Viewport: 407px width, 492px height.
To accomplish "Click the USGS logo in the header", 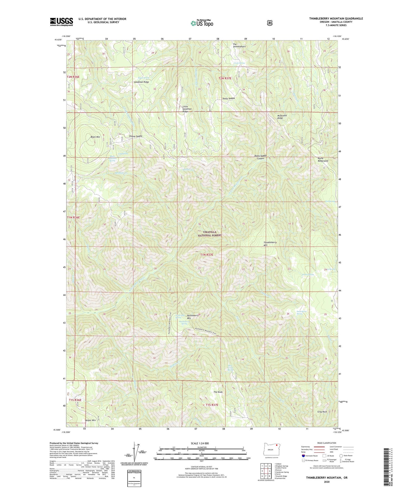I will (61, 22).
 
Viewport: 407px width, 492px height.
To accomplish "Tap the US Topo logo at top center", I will (202, 23).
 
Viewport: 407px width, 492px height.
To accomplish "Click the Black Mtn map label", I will (95, 137).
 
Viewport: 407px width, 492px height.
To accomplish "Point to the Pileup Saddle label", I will (136, 136).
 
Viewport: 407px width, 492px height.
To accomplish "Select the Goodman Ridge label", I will (141, 82).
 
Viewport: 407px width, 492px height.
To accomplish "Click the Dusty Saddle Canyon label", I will (260, 157).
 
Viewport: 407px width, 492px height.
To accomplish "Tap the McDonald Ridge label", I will (282, 117).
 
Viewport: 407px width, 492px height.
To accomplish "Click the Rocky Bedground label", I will (323, 160).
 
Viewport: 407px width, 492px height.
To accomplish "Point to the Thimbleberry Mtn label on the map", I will (270, 244).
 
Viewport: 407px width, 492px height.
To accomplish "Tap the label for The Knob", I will (218, 392).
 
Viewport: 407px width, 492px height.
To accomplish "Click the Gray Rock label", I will (322, 412).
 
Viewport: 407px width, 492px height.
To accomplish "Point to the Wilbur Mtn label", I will (90, 420).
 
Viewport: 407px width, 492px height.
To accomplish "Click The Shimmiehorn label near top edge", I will (239, 45).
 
